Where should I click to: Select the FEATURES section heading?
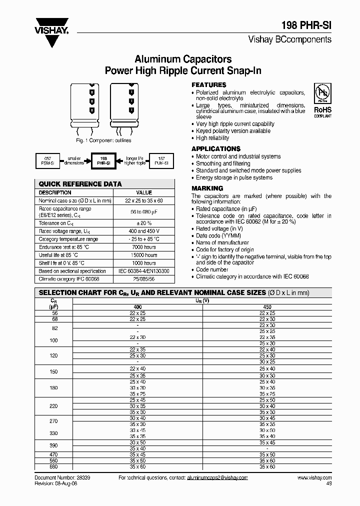[209, 85]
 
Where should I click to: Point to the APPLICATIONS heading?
[216, 149]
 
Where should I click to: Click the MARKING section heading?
[207, 188]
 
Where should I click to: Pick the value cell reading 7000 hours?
[144, 247]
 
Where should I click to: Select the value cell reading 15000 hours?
[144, 255]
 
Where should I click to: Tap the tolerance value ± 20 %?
[144, 223]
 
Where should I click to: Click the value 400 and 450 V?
[144, 231]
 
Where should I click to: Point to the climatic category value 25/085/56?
[144, 278]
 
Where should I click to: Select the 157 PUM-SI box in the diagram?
[162, 160]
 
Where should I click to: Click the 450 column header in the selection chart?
[267, 306]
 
